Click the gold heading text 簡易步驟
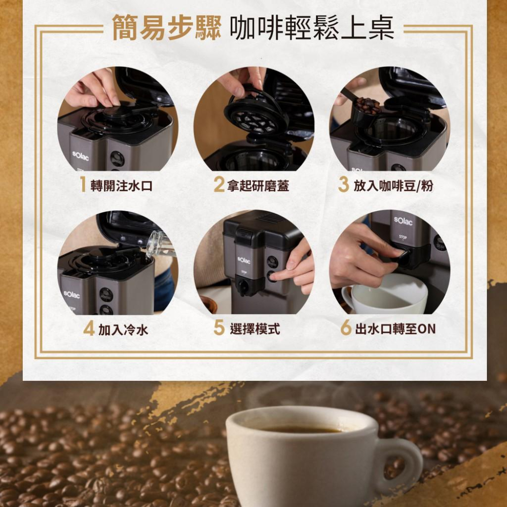(x=167, y=28)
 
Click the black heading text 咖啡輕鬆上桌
(x=312, y=28)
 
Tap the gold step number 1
(x=83, y=185)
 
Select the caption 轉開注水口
(x=121, y=186)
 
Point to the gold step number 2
(x=219, y=185)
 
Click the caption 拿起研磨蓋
(x=258, y=186)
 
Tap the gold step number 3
(x=343, y=185)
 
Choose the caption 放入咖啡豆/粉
(x=393, y=186)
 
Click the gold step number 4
(x=89, y=329)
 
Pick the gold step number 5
(x=219, y=328)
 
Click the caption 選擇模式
(x=255, y=329)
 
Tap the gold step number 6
(x=346, y=328)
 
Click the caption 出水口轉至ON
(x=395, y=329)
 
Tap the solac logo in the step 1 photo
(x=80, y=156)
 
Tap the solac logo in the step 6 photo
(x=403, y=221)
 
